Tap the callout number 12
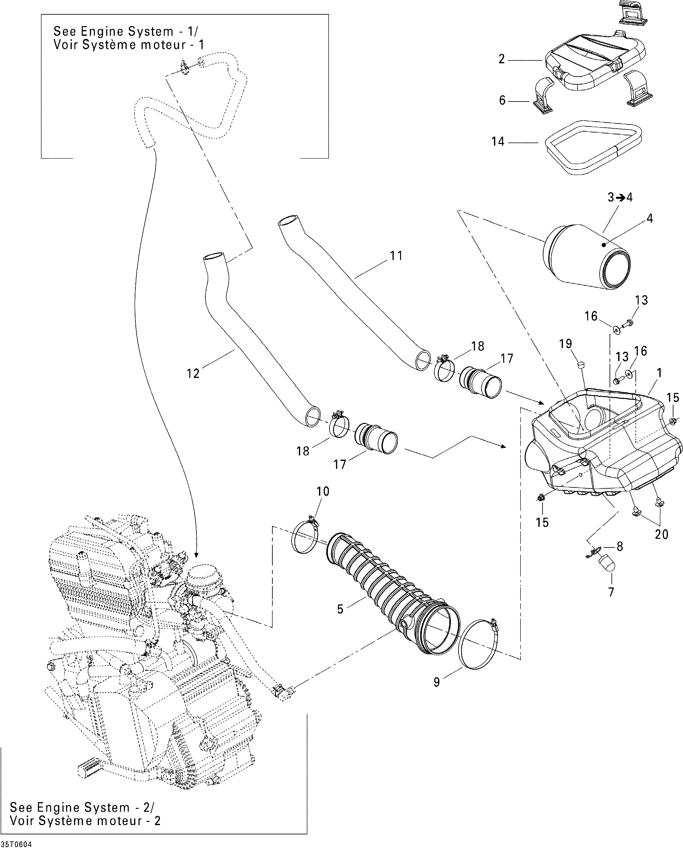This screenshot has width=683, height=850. (x=193, y=373)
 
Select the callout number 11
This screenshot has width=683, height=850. (x=396, y=256)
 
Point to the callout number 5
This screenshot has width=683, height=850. (x=340, y=609)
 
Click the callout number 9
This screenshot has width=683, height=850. (x=436, y=682)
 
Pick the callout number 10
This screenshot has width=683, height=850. (x=323, y=492)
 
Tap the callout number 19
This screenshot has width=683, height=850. (x=565, y=344)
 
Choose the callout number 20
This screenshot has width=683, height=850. (x=662, y=534)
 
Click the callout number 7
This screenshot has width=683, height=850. (x=611, y=592)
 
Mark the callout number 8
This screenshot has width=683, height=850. (x=619, y=546)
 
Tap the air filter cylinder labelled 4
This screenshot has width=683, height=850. (x=588, y=256)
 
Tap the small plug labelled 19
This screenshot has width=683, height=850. (x=581, y=365)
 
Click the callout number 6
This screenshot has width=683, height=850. (x=502, y=101)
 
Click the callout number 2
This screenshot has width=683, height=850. (x=502, y=59)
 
